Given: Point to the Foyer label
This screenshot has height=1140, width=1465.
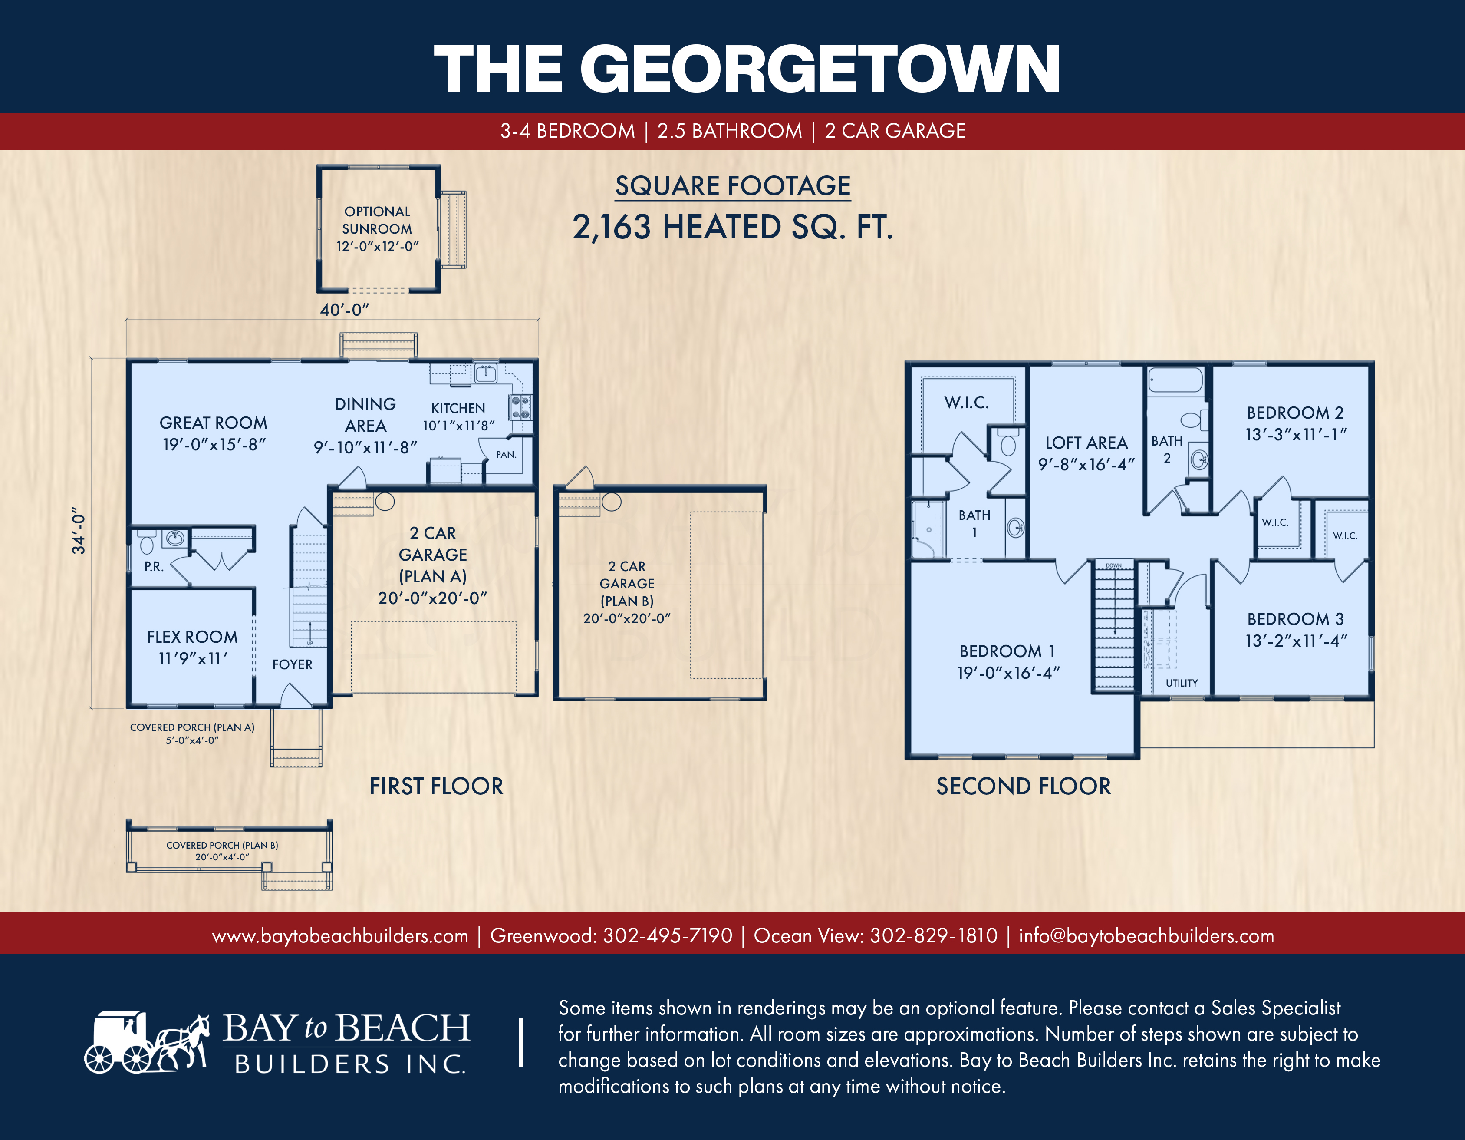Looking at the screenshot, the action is [293, 664].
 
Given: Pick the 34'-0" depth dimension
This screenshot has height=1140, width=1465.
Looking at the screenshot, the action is [79, 531].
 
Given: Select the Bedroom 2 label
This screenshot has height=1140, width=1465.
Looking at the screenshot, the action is [1295, 423].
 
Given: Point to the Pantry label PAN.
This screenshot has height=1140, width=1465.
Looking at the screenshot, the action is [506, 454].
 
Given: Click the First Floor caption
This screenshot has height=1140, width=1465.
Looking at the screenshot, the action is [437, 786].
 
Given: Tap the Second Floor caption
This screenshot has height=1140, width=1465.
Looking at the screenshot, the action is [1024, 786].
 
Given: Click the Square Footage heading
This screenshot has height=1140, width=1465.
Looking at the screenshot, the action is [733, 186].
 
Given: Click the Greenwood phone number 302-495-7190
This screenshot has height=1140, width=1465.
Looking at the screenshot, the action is [668, 935].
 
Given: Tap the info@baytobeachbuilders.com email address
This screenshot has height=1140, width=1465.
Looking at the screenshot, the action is [1146, 935].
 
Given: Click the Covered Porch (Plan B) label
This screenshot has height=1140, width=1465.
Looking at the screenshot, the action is [222, 851].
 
